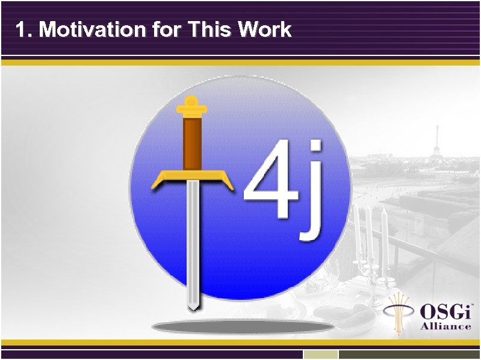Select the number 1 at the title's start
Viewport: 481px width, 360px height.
pos(22,29)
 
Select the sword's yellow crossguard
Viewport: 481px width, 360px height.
pos(192,176)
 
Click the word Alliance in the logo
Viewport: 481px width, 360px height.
pos(445,326)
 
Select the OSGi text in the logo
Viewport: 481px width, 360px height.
pos(446,312)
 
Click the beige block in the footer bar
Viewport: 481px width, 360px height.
pos(320,355)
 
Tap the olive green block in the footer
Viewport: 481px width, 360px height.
pos(409,355)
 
